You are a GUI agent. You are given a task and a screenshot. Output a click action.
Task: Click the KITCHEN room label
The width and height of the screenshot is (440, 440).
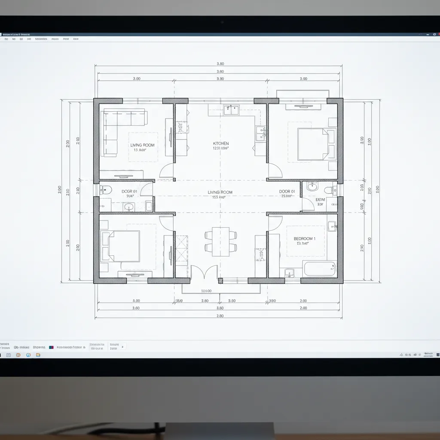tap(221, 144)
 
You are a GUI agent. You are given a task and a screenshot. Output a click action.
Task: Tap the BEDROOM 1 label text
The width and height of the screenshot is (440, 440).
tap(304, 238)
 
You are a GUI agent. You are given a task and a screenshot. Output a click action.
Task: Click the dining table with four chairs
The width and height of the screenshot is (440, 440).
tap(220, 241)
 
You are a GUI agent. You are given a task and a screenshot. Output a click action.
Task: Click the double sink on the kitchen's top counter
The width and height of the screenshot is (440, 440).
tap(231, 110)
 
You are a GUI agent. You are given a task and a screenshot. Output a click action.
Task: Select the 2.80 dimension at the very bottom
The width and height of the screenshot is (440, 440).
tap(220, 316)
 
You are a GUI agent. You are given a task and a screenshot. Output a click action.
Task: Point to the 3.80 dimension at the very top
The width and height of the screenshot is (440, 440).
tap(220, 64)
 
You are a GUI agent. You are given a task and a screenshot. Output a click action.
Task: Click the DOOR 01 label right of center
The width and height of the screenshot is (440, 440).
tap(287, 192)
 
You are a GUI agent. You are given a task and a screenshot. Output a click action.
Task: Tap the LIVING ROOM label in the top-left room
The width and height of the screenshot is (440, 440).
tap(142, 145)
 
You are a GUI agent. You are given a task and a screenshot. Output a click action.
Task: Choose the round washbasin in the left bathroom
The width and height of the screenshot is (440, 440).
tap(129, 208)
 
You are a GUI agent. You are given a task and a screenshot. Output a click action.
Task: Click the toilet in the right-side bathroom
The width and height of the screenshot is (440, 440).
tap(330, 189)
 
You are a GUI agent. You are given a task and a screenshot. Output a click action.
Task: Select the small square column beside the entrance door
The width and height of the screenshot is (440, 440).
tap(220, 281)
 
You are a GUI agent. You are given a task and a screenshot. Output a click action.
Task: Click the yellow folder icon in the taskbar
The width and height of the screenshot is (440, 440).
tap(38, 355)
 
